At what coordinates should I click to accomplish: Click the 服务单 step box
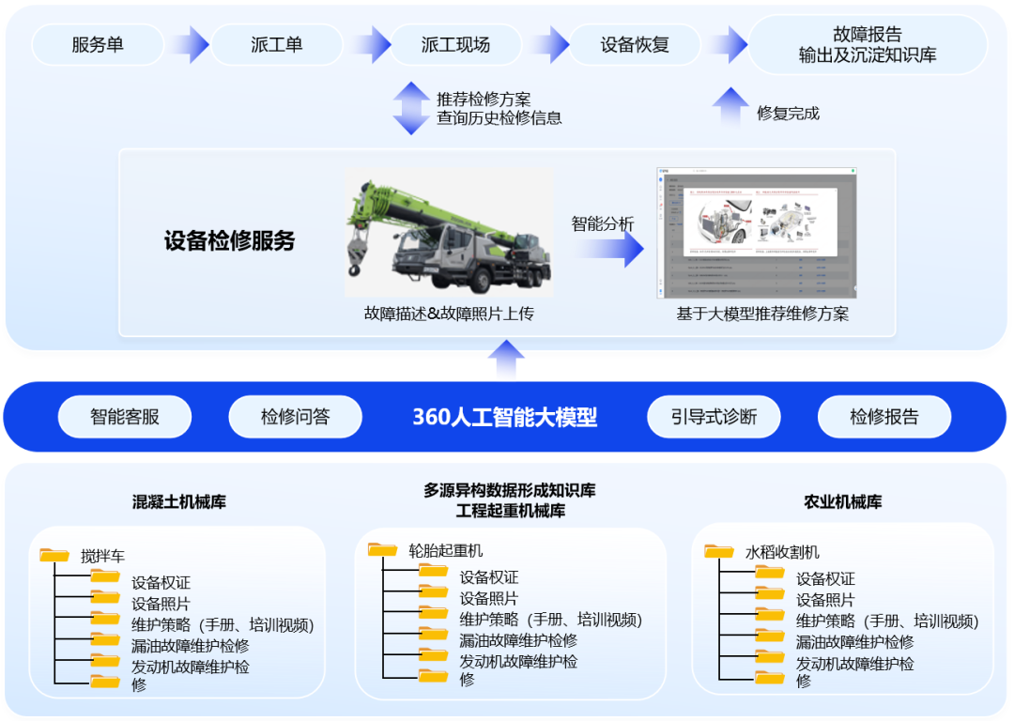[x=98, y=44]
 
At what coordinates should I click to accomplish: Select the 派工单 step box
[x=276, y=44]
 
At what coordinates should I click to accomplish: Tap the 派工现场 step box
[x=455, y=44]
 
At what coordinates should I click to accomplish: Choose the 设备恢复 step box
[x=635, y=44]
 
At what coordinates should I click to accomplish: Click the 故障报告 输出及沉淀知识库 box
[x=867, y=45]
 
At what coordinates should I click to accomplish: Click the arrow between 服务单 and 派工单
[x=190, y=44]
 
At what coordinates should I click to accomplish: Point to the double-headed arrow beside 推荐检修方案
[x=411, y=108]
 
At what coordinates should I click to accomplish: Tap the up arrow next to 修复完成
[x=730, y=106]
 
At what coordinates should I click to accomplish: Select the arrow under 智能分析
[x=608, y=248]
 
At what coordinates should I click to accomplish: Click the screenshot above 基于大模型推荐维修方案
[x=757, y=233]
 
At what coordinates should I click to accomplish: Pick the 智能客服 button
[x=125, y=417]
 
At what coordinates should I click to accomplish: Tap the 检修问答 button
[x=296, y=417]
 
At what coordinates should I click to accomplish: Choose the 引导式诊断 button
[x=714, y=417]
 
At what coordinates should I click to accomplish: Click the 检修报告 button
[x=884, y=417]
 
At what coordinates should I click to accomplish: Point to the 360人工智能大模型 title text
[x=505, y=417]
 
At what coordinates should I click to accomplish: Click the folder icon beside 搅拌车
[x=55, y=555]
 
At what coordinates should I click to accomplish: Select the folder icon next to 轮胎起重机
[x=383, y=550]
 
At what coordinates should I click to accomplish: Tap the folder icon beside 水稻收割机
[x=719, y=551]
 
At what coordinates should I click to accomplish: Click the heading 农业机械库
[x=842, y=502]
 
